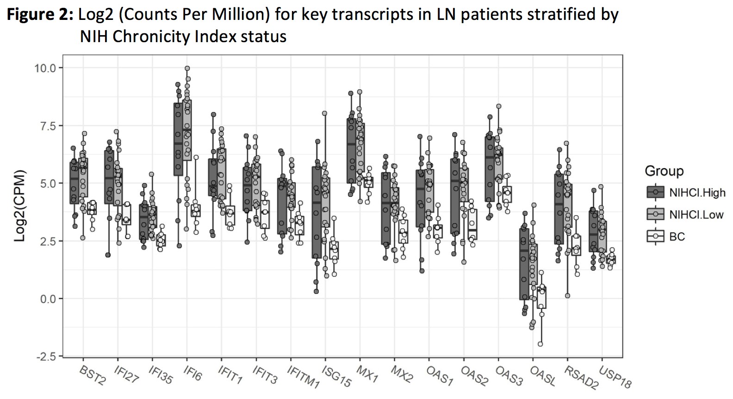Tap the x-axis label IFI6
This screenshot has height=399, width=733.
click(x=193, y=373)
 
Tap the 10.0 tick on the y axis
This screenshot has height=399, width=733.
click(x=44, y=68)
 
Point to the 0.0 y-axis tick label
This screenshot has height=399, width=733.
click(x=46, y=299)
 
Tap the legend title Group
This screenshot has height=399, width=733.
click(x=664, y=171)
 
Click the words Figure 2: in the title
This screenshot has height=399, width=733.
click(x=40, y=15)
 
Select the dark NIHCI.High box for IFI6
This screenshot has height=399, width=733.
click(x=178, y=139)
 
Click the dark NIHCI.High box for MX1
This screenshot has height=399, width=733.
click(x=351, y=150)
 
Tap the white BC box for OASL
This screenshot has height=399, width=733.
click(x=541, y=297)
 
